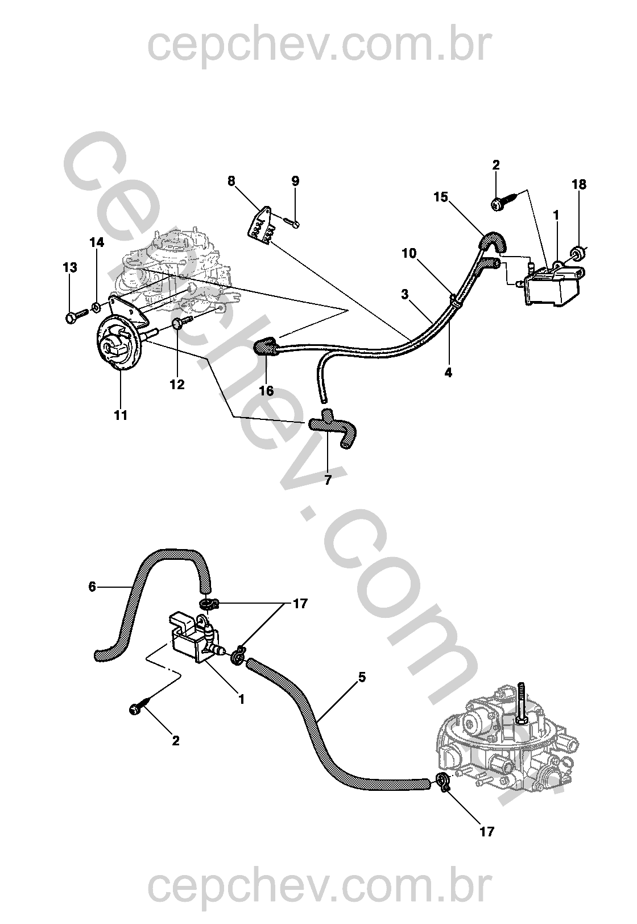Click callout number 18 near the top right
point(579,184)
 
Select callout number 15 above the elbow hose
point(441,197)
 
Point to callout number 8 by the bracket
point(231,181)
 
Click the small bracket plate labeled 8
point(262,227)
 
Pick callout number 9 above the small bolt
point(295,181)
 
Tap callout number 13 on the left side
point(69,267)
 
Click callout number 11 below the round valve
point(121,415)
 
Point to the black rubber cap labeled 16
point(265,346)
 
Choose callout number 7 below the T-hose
point(328,480)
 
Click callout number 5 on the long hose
point(362,678)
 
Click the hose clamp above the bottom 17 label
point(443,782)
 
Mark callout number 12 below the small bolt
point(177,385)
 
